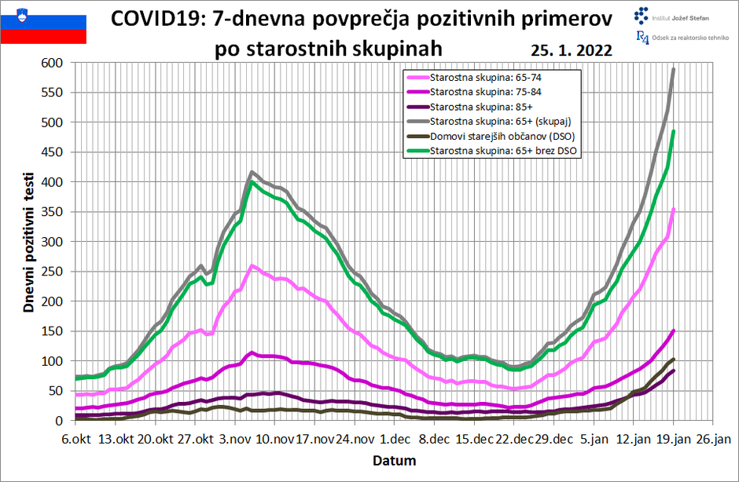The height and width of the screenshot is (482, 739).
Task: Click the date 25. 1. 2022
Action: [x=571, y=49]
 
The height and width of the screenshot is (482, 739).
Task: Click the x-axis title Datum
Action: [x=394, y=460]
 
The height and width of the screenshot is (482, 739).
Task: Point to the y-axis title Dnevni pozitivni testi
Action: [x=28, y=241]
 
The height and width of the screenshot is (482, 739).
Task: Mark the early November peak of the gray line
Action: [x=252, y=172]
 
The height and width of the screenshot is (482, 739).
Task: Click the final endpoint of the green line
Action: [x=674, y=131]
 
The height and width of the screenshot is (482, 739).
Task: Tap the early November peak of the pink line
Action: [x=252, y=266]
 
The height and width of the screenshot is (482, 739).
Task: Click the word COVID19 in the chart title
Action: [x=156, y=19]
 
